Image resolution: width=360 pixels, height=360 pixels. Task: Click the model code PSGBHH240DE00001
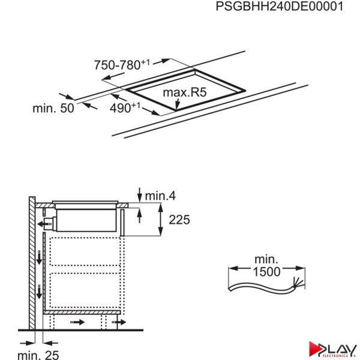[280, 6]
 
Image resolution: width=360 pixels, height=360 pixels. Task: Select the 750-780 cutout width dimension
[122, 65]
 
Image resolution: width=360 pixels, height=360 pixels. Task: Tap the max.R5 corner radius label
[185, 92]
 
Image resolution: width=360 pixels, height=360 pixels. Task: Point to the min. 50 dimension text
[53, 108]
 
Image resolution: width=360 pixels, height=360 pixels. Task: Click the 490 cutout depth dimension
[125, 107]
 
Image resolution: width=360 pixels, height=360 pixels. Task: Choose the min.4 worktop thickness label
[160, 196]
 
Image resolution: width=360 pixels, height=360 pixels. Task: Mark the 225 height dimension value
[179, 220]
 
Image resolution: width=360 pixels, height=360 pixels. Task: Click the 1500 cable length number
[266, 272]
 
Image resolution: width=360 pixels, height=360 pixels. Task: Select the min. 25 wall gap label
[38, 355]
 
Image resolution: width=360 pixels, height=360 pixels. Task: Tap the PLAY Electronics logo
[332, 350]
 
